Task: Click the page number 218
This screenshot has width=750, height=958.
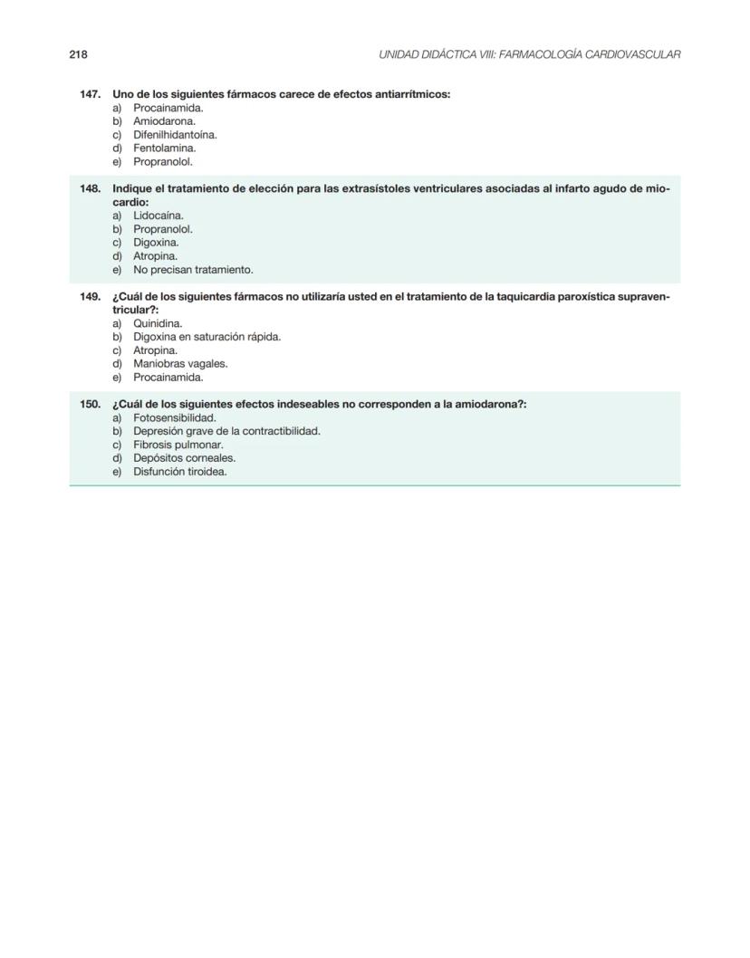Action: (78, 54)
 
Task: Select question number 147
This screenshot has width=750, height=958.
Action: (90, 94)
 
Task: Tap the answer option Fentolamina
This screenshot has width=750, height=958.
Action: (164, 148)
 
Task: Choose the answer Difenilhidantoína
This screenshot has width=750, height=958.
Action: (175, 135)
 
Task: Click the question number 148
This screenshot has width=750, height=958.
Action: (90, 188)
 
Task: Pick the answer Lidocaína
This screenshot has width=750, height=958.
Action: (158, 216)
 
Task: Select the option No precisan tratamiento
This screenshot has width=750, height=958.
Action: (193, 270)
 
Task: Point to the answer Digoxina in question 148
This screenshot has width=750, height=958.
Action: (156, 243)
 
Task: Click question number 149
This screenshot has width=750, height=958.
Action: (90, 296)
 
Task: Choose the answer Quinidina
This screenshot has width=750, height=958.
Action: (158, 323)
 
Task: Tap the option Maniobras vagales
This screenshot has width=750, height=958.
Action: (180, 364)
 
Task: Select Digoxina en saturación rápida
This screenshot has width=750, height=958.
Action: (207, 337)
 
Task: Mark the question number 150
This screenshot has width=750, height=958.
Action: (90, 404)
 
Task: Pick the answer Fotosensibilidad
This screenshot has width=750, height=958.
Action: (174, 418)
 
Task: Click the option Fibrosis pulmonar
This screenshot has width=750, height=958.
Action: (178, 445)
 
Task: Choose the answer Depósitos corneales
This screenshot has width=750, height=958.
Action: (184, 458)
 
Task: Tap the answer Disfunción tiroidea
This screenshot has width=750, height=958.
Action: (179, 472)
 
